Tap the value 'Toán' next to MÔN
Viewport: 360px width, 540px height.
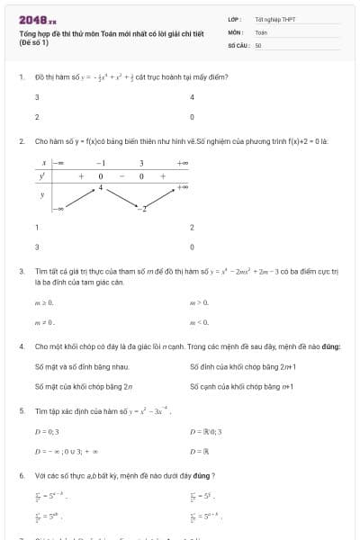click(261, 31)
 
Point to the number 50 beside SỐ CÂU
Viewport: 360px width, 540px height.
click(258, 44)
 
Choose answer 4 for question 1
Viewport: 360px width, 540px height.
click(192, 97)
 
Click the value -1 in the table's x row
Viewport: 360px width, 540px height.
click(101, 163)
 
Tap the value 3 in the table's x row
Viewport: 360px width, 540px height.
click(141, 163)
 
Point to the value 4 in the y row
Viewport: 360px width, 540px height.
click(101, 187)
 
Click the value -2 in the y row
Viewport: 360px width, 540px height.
click(141, 209)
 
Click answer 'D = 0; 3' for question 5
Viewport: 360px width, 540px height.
click(46, 431)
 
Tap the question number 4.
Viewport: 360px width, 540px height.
click(21, 346)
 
